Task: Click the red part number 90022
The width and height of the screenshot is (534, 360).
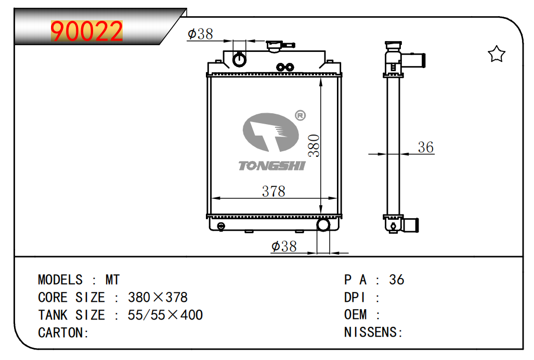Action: [87, 32]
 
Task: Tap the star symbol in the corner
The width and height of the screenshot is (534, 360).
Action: [497, 54]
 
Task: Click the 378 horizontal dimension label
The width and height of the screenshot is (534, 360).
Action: [273, 191]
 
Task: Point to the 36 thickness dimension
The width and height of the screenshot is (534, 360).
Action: [425, 148]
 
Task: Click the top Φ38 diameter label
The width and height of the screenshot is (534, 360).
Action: [200, 34]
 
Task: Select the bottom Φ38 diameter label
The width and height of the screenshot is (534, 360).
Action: [284, 246]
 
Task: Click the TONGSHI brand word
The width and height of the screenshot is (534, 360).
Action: [272, 166]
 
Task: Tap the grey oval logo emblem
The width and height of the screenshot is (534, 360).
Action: [271, 133]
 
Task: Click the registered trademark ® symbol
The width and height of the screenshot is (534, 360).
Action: [300, 115]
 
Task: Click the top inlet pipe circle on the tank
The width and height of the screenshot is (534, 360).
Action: [240, 59]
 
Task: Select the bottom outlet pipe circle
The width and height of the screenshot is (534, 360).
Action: [323, 224]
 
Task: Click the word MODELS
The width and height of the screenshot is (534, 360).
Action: [60, 280]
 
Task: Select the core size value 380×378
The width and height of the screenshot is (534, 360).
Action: [158, 298]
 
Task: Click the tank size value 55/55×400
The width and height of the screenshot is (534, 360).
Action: [165, 315]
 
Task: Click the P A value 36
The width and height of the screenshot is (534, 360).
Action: [396, 280]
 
